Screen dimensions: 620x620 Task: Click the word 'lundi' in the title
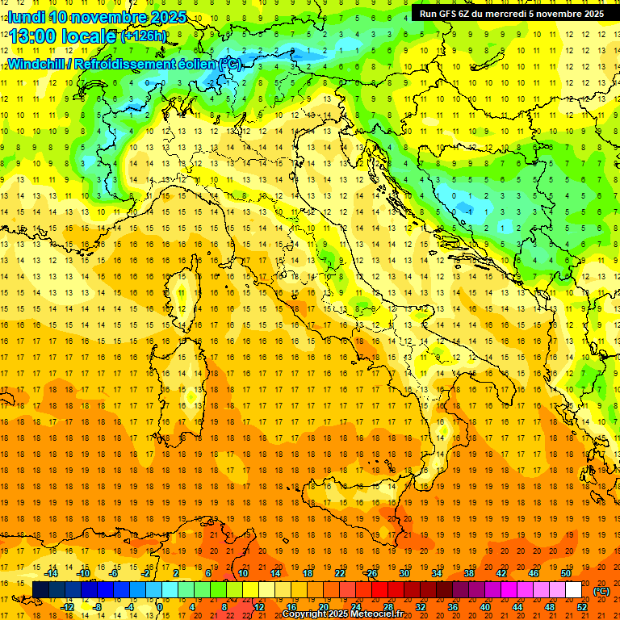point(26,17)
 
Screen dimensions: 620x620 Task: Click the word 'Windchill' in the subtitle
point(38,64)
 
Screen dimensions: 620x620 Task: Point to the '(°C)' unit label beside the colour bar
point(601,591)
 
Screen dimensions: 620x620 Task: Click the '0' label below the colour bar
point(160,607)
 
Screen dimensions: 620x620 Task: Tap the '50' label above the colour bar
point(565,573)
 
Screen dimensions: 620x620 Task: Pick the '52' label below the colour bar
point(582,607)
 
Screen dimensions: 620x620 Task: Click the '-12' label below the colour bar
point(67,607)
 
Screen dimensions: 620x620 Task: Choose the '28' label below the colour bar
point(387,607)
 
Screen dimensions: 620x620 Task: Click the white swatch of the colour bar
point(574,590)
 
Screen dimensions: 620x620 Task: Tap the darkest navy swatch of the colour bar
point(40,590)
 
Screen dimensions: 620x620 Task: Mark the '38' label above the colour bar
point(468,573)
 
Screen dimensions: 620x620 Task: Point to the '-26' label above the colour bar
point(371,573)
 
